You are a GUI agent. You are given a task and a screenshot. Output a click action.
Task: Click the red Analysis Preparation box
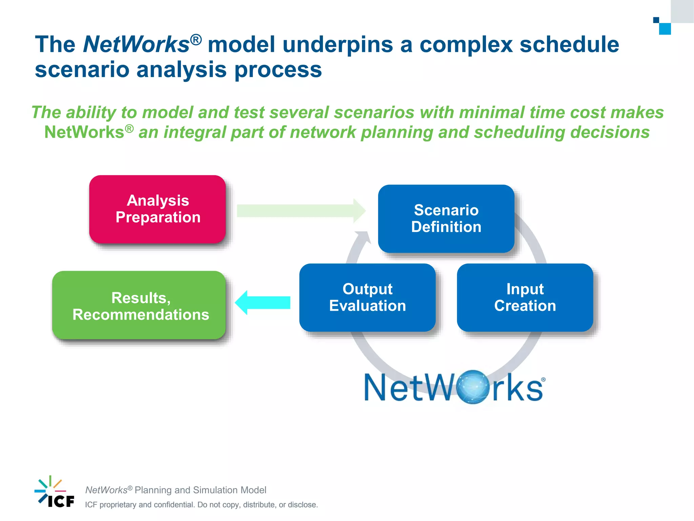[x=158, y=209]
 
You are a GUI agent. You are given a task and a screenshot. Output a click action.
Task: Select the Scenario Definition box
[x=446, y=218]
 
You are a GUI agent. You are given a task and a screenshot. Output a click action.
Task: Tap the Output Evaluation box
[x=367, y=297]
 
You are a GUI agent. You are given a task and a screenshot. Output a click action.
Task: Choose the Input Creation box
[x=525, y=297]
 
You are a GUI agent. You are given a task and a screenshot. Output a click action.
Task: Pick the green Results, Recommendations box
[x=139, y=305]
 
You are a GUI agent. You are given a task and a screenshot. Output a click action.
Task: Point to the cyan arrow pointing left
[x=263, y=303]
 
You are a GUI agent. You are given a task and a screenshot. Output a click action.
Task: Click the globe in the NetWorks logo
[x=473, y=387]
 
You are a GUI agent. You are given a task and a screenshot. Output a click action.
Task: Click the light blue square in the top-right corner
[x=665, y=29]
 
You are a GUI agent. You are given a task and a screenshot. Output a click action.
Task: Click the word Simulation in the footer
[x=215, y=490]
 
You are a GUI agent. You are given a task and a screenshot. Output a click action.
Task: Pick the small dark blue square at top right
[x=656, y=20]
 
